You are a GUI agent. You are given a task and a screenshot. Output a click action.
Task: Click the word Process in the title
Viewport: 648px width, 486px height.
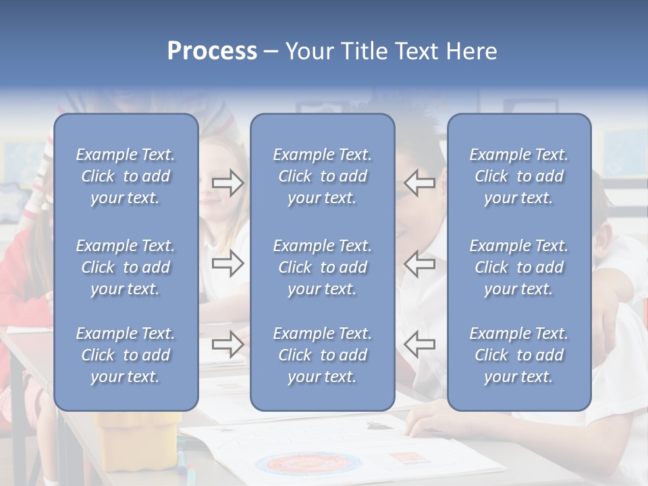tap(212, 51)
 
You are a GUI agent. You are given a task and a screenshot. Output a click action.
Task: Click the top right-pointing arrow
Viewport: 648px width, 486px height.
tap(228, 183)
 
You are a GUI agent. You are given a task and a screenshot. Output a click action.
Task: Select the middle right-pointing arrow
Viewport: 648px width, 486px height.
tap(228, 263)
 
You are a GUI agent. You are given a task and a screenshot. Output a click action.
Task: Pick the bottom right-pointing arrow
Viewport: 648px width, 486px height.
tap(228, 344)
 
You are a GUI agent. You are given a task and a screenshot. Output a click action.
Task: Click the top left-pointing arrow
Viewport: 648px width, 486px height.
tap(419, 183)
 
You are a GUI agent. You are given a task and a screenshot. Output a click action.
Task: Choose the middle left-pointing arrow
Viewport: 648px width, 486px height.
tap(419, 263)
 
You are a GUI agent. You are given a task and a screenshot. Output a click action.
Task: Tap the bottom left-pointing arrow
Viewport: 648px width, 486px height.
tap(419, 344)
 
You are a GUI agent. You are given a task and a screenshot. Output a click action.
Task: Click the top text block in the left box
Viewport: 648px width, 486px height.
tap(126, 176)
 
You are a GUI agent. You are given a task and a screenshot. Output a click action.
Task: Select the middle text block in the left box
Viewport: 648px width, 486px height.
tap(126, 267)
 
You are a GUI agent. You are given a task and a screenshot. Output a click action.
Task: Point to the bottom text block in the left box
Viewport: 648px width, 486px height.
tap(126, 355)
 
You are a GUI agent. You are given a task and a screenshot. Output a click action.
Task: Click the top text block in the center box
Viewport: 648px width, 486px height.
tap(322, 176)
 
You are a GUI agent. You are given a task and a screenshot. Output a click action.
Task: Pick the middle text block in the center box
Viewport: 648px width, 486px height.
tap(322, 267)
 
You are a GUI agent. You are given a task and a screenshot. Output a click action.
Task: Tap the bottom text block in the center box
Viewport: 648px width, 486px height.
tap(322, 355)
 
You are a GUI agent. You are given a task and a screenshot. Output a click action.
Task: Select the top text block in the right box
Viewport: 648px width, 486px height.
tap(518, 176)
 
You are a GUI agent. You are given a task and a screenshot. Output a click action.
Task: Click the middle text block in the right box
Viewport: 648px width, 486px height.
tap(518, 267)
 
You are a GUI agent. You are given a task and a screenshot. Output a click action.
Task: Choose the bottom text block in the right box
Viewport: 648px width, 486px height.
tap(518, 355)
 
